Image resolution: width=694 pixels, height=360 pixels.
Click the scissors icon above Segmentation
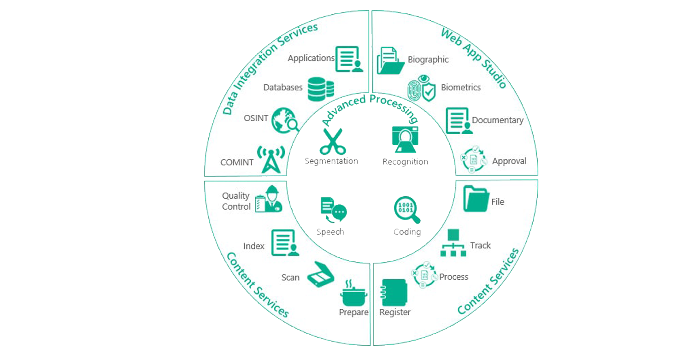(x=333, y=142)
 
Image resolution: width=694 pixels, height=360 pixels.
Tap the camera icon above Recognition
(x=404, y=139)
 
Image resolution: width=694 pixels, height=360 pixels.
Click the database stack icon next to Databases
(x=320, y=89)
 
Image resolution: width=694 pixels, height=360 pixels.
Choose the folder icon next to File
(x=476, y=199)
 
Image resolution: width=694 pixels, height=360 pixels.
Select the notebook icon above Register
(x=394, y=293)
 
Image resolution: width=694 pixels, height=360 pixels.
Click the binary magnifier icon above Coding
(x=407, y=210)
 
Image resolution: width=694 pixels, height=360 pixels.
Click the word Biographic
(x=428, y=59)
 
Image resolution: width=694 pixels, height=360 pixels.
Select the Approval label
(x=509, y=161)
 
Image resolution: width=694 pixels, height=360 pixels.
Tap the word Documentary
(x=498, y=120)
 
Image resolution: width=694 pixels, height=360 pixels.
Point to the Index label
(x=254, y=246)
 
